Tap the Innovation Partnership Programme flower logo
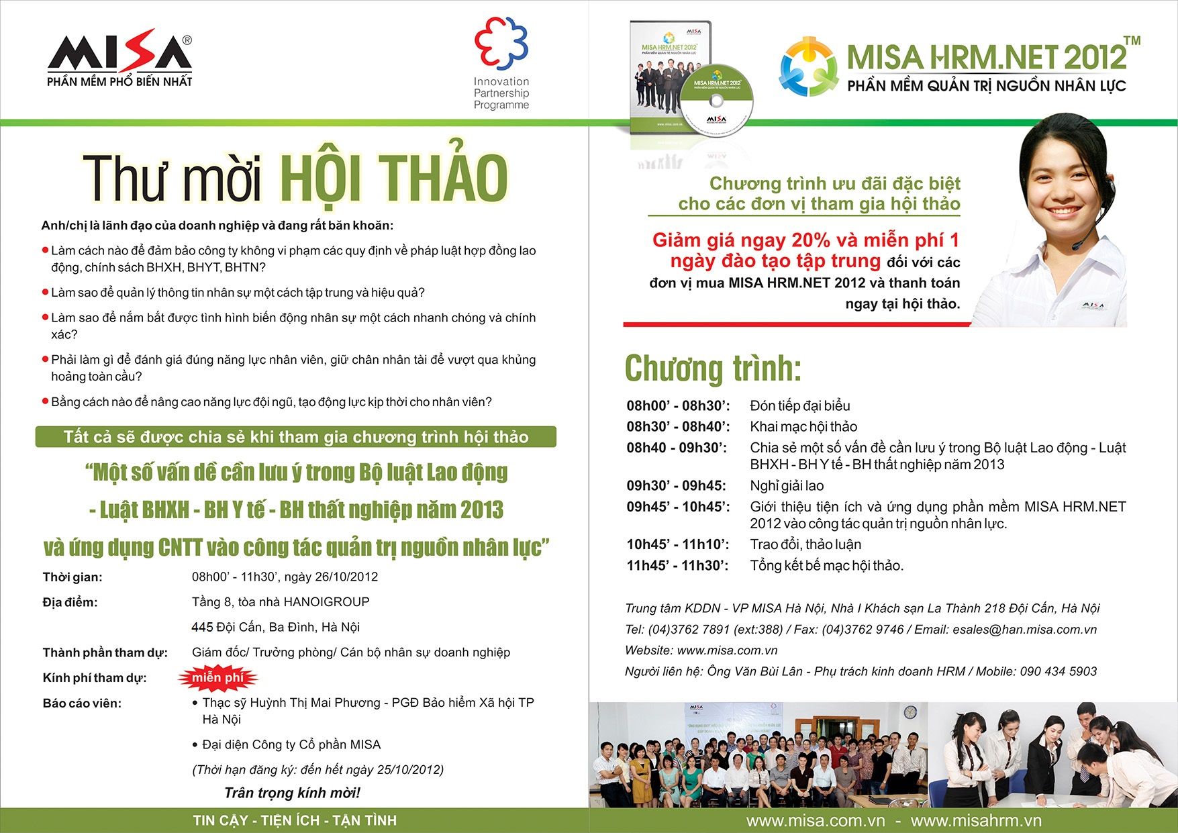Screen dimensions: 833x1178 (x=501, y=43)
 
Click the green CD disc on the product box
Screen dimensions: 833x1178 (x=716, y=101)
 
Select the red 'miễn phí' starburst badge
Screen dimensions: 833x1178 (x=217, y=678)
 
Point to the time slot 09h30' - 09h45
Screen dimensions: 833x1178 (x=676, y=485)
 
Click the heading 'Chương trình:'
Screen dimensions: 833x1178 (x=713, y=368)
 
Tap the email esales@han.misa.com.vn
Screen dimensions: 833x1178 (x=1024, y=630)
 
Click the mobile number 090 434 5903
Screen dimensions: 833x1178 (x=1058, y=671)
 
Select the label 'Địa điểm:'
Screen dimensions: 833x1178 (x=70, y=602)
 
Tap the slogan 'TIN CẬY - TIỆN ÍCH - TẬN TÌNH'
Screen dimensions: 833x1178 (x=295, y=820)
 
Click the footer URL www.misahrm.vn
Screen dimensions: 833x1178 (x=976, y=820)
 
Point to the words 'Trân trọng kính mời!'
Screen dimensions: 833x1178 (x=292, y=793)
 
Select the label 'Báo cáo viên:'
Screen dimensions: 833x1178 (x=82, y=703)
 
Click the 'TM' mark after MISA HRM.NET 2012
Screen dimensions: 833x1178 (x=1132, y=40)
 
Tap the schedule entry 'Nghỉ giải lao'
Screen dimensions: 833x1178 (x=787, y=485)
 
